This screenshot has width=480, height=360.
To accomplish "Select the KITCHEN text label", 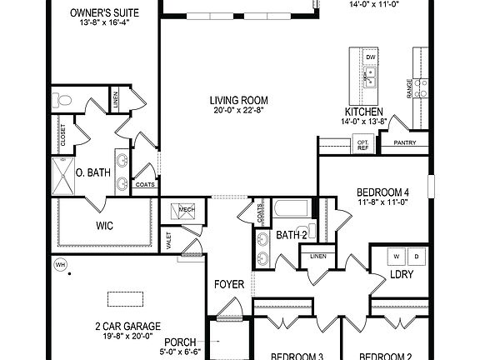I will click(364, 112).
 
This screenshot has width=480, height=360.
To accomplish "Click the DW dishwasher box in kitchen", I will click(372, 57).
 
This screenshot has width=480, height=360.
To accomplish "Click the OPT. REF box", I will click(362, 144).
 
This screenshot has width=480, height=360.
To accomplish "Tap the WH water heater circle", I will click(60, 265).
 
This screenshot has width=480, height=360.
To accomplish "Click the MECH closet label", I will click(185, 209).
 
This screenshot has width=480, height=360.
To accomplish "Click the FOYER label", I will click(229, 285).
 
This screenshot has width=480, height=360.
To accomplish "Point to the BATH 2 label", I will click(292, 235).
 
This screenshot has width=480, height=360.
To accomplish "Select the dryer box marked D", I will click(417, 255).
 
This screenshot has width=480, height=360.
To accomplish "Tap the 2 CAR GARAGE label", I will click(127, 326).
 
